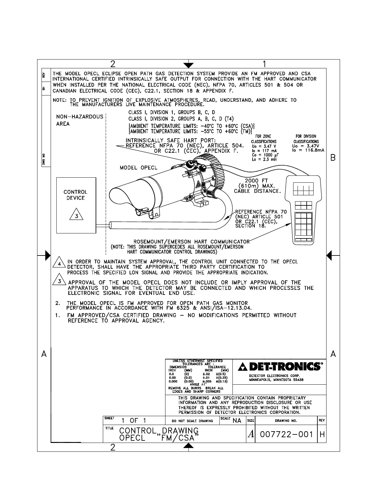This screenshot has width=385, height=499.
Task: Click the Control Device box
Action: [x=76, y=205]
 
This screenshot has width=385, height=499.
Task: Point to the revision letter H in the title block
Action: [x=322, y=435]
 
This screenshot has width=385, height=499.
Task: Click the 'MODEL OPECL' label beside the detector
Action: [x=138, y=168]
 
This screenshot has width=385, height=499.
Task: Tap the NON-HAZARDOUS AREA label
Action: [x=80, y=120]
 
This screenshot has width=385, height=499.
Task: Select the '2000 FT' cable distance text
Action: [x=256, y=181]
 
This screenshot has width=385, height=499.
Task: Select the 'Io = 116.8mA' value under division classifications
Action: [x=308, y=151]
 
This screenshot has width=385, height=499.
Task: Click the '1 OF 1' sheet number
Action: [x=134, y=421]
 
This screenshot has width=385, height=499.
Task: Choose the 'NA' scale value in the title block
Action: [x=237, y=421]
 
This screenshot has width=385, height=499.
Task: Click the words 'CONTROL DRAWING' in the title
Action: [x=159, y=431]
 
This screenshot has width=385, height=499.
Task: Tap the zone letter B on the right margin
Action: [x=333, y=158]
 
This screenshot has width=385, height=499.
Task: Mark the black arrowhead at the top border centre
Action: [x=188, y=65]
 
